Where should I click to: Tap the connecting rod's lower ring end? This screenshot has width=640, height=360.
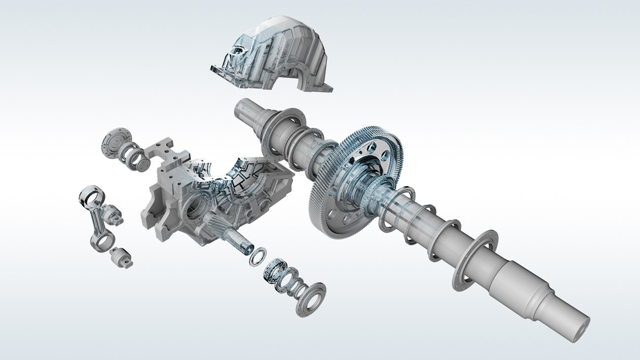coord(102,241)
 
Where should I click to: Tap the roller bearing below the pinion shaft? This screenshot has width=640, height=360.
coord(273,272)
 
